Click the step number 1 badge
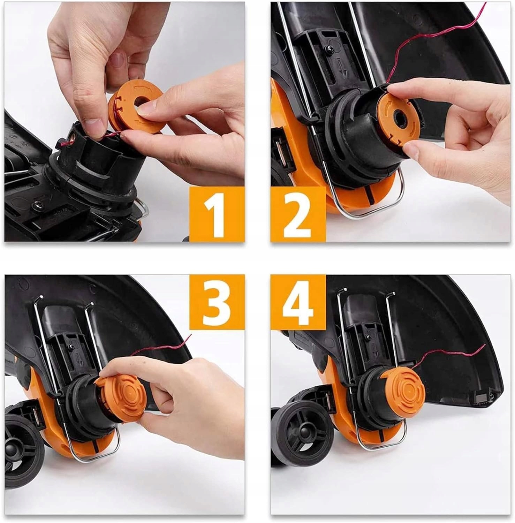click(x=217, y=214)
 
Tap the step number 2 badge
click(x=298, y=214)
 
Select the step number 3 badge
click(x=217, y=302)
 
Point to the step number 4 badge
click(x=298, y=302)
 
